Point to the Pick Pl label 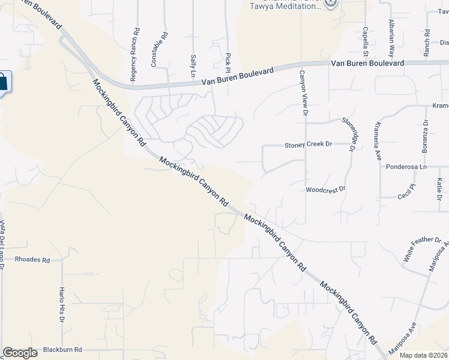228,59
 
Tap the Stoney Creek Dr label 308,145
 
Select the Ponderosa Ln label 405,167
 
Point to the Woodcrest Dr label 326,189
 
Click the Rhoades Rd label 32,260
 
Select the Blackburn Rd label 62,349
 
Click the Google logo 20,352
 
